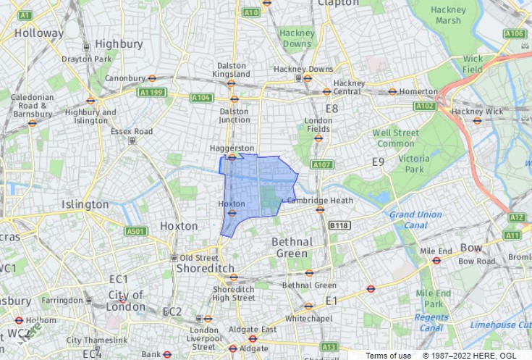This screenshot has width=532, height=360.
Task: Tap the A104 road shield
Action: click(200, 98)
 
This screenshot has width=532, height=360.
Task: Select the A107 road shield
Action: click(322, 165)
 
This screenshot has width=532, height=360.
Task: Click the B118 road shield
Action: click(339, 226)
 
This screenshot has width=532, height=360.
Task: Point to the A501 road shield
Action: click(135, 232)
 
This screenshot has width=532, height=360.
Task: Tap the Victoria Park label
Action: click(413, 164)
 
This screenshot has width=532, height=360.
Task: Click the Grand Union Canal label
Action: click(415, 219)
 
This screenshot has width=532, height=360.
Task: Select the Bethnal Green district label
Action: click(292, 248)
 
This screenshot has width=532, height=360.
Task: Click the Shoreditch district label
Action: click(206, 268)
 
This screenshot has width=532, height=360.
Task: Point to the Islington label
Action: click(85, 204)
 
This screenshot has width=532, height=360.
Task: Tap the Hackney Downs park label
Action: click(297, 38)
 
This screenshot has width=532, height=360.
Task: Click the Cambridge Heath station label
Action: click(319, 201)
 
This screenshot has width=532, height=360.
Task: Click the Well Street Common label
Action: click(395, 138)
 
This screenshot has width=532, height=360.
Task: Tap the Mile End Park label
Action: click(434, 298)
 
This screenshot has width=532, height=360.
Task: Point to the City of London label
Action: click(126, 301)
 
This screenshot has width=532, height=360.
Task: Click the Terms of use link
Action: click(388, 356)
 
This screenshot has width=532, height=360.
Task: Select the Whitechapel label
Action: click(308, 318)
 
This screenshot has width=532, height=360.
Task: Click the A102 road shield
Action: click(425, 106)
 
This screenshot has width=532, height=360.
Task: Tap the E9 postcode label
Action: click(379, 162)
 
